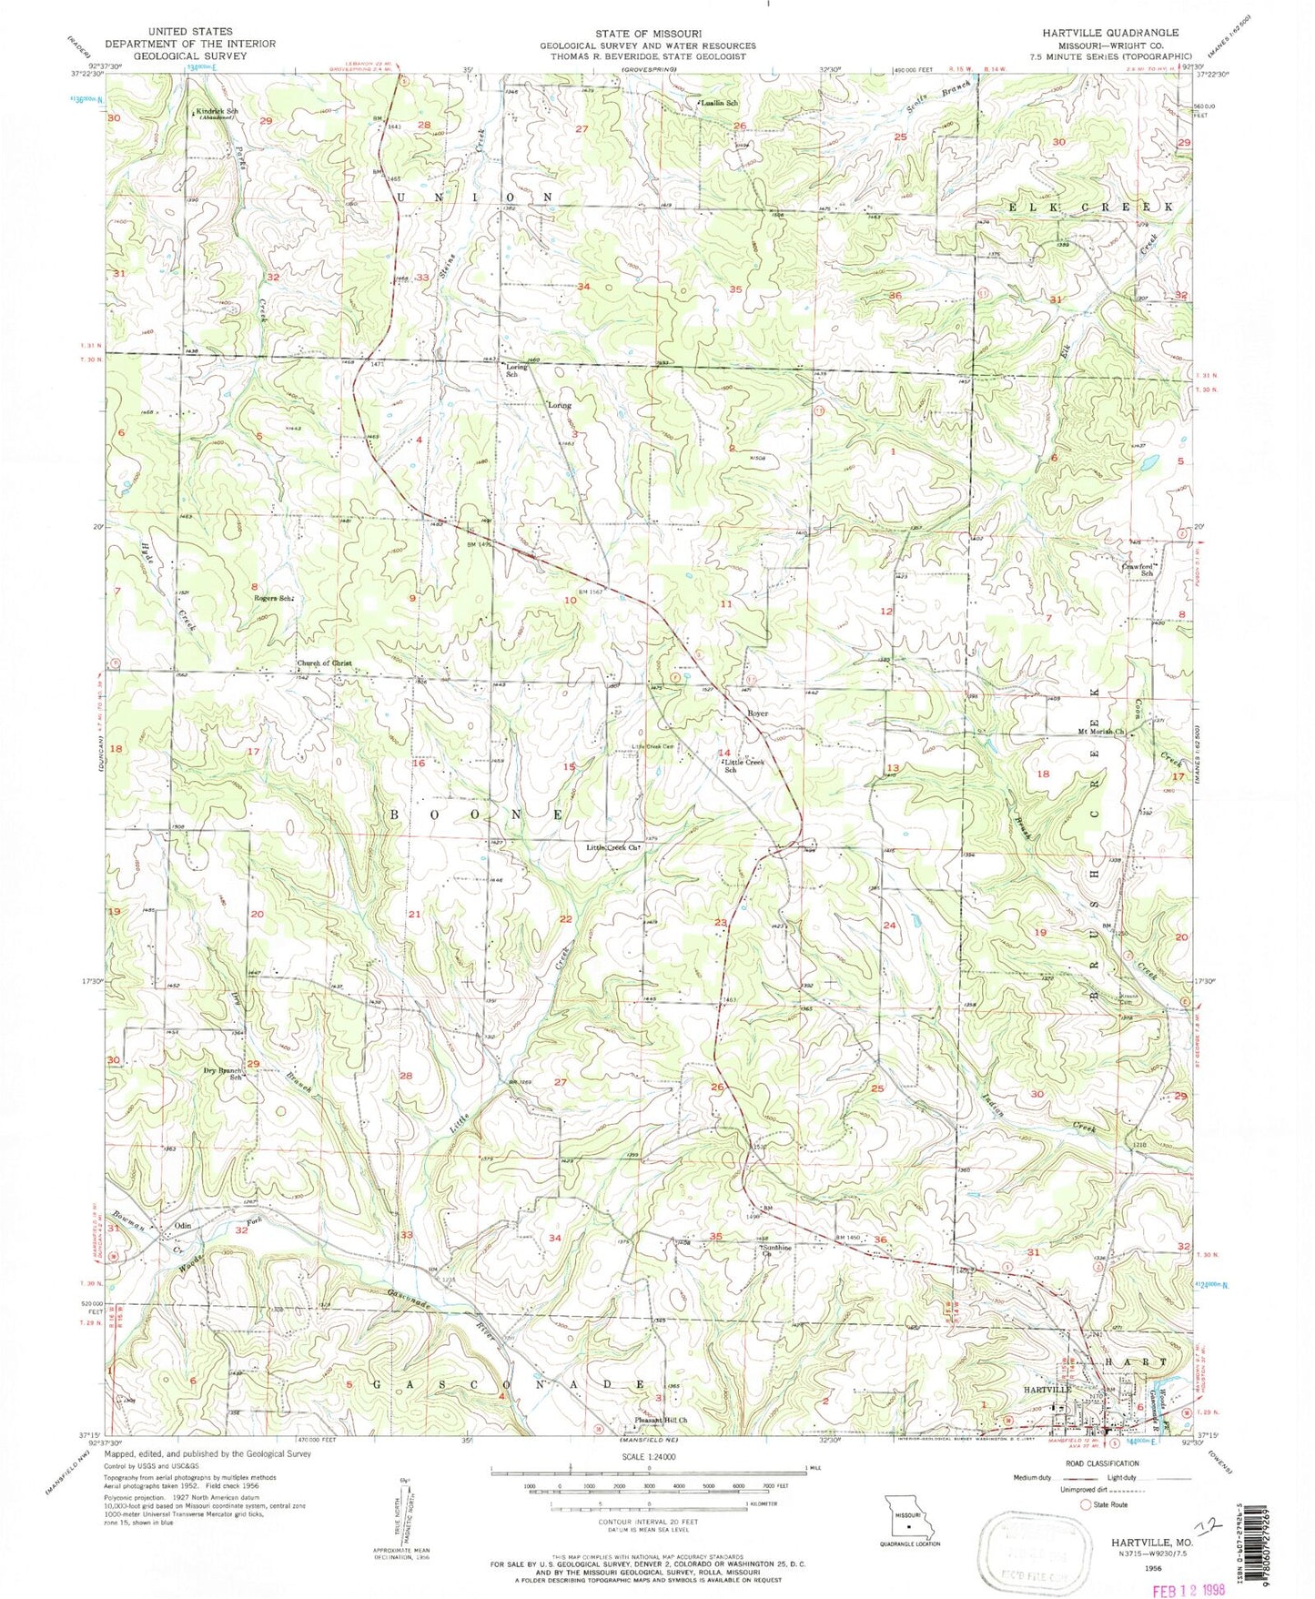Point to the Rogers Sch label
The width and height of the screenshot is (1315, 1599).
tap(275, 598)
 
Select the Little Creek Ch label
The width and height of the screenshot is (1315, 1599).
tap(614, 847)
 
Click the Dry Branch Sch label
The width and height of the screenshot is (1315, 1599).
tap(223, 1074)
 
